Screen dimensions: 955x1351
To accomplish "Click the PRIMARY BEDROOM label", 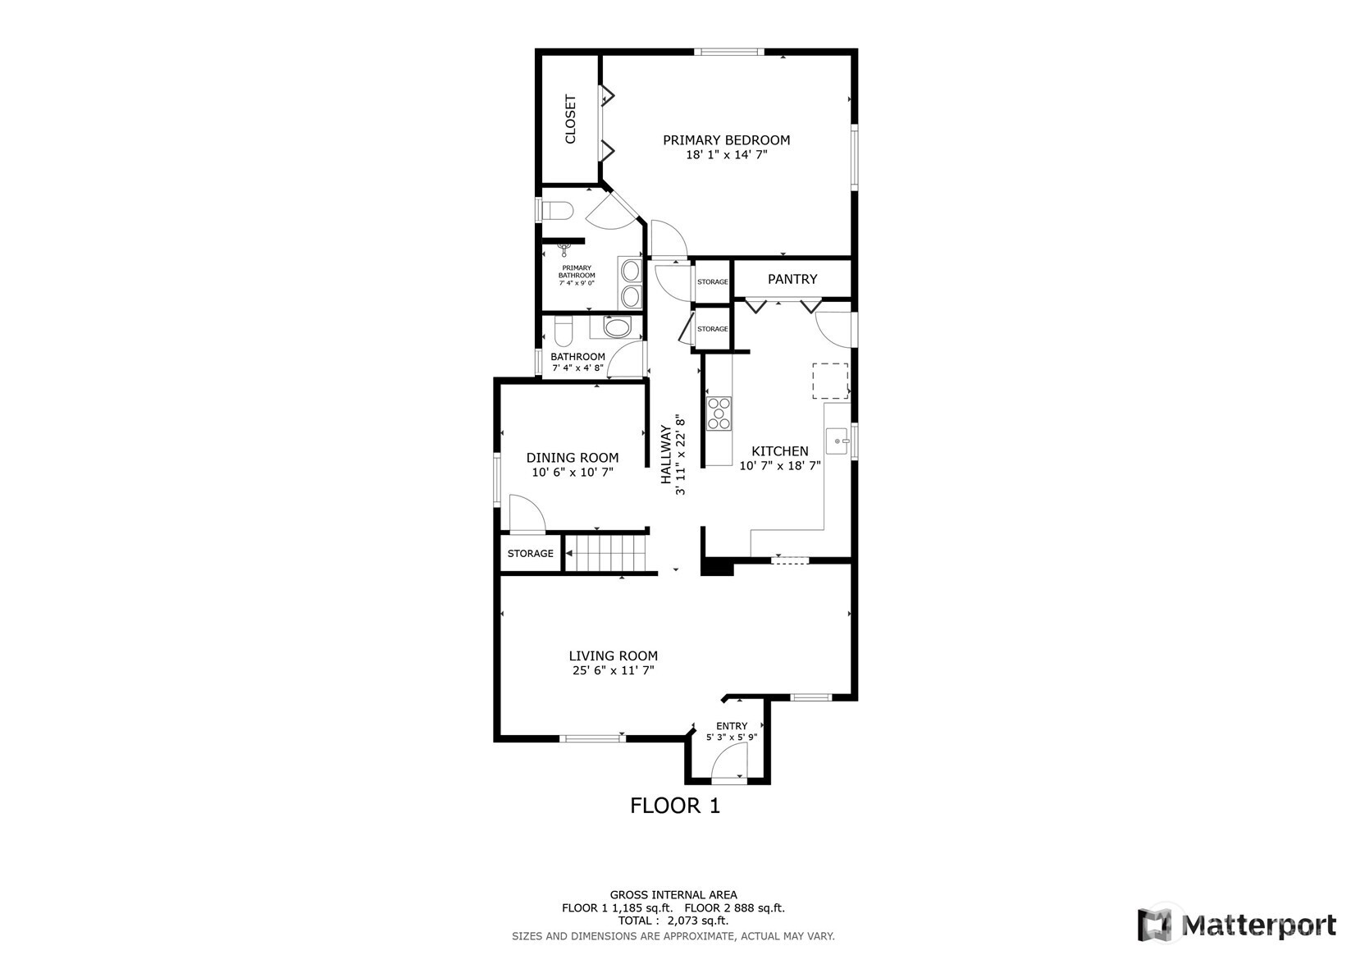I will [726, 140].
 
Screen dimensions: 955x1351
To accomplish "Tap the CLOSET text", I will [571, 120].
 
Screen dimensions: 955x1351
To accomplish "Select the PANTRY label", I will [792, 279].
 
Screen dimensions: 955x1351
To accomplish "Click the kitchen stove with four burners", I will [719, 413].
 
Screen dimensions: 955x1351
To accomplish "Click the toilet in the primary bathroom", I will [557, 211].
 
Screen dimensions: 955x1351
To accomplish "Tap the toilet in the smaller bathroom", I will [563, 332].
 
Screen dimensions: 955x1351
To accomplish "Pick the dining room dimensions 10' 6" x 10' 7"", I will [573, 473].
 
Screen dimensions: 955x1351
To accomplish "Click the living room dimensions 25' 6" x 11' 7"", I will [613, 670].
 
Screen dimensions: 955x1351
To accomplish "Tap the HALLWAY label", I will [667, 455].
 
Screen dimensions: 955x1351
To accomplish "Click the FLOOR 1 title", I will [674, 806].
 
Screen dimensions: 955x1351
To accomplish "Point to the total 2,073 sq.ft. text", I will [673, 921].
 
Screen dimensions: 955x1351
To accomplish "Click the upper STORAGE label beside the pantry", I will [712, 281].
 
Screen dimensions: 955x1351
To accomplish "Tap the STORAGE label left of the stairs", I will [530, 554].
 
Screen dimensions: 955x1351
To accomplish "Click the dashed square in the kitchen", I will [829, 382].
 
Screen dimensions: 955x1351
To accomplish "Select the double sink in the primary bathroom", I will [630, 283].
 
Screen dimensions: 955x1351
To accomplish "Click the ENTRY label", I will [731, 726].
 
